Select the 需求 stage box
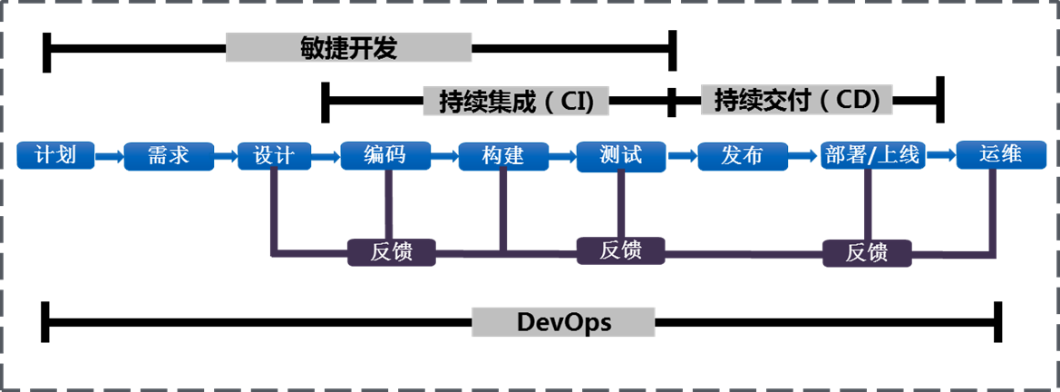coord(168,155)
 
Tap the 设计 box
coord(274,155)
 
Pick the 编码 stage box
coord(384,155)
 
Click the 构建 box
coord(503,155)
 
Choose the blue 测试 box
coord(620,155)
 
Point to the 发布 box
coord(742,155)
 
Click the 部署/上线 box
coord(870,155)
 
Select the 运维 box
coord(1001,154)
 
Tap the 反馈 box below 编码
coord(392,252)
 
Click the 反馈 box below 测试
coord(621,250)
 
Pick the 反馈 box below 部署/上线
coord(867,253)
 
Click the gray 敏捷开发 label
coord(348,48)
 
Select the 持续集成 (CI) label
coord(515,101)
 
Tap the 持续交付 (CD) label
coord(797,100)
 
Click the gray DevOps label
coord(563,322)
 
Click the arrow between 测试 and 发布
coord(682,156)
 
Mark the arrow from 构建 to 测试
coord(562,156)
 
